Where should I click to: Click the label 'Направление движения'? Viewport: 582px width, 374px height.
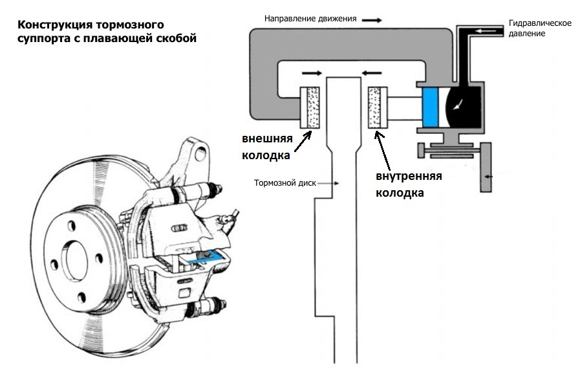(310, 19)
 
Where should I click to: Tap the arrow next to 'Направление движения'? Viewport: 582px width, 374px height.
(372, 20)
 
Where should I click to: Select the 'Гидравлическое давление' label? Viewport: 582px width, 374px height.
(540, 28)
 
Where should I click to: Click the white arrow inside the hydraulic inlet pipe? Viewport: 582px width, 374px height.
(486, 31)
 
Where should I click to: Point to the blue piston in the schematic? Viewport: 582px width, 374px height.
(431, 107)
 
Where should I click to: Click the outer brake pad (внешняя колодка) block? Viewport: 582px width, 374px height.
(310, 107)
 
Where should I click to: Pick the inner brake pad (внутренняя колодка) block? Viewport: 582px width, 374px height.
(378, 107)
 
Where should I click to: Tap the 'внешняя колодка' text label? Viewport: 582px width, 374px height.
(267, 147)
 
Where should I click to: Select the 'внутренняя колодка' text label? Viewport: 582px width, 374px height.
(409, 184)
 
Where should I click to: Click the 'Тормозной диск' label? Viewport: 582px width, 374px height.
(285, 182)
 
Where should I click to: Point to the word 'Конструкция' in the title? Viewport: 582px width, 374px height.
(55, 25)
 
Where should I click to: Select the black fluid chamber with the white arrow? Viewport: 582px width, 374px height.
(463, 107)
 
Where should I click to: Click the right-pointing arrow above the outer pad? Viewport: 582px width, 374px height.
(312, 74)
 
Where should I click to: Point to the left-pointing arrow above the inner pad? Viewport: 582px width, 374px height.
(372, 73)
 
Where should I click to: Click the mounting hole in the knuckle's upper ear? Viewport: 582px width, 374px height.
(200, 153)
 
